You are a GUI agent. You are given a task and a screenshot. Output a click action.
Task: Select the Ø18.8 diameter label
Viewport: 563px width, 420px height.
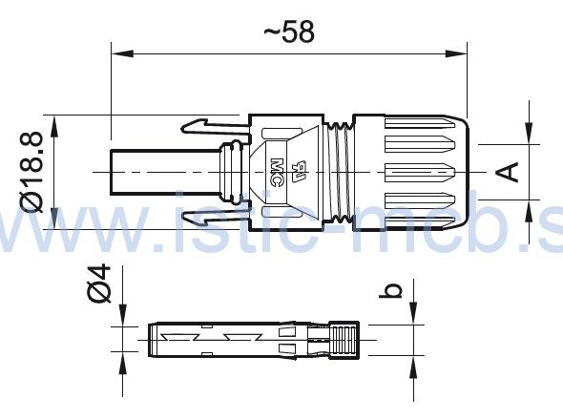pos(31,173)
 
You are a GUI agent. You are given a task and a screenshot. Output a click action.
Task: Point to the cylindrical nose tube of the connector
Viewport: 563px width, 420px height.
pos(167,172)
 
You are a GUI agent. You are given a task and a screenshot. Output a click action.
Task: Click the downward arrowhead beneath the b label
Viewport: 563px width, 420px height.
pos(412,315)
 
